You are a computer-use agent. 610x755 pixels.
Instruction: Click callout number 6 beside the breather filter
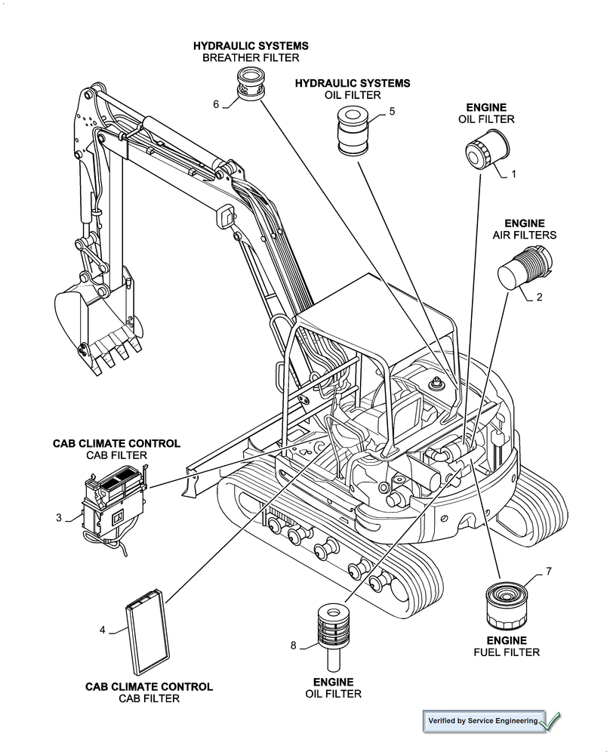point(216,104)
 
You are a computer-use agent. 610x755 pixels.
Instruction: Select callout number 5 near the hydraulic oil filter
point(392,112)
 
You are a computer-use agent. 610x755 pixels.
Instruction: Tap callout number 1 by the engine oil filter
point(514,174)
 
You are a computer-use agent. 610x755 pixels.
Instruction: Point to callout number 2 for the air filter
point(539,297)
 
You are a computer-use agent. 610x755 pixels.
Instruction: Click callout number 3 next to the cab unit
point(59,517)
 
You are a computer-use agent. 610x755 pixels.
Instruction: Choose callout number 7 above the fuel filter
point(549,571)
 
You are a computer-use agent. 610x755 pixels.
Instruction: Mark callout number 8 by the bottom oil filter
point(293,645)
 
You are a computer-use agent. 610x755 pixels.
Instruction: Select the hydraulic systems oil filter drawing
point(351,132)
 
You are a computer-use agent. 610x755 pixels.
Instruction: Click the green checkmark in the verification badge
point(551,722)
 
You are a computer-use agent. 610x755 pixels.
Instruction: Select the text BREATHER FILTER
point(251,58)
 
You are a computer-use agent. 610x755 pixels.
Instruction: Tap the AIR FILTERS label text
point(525,236)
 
